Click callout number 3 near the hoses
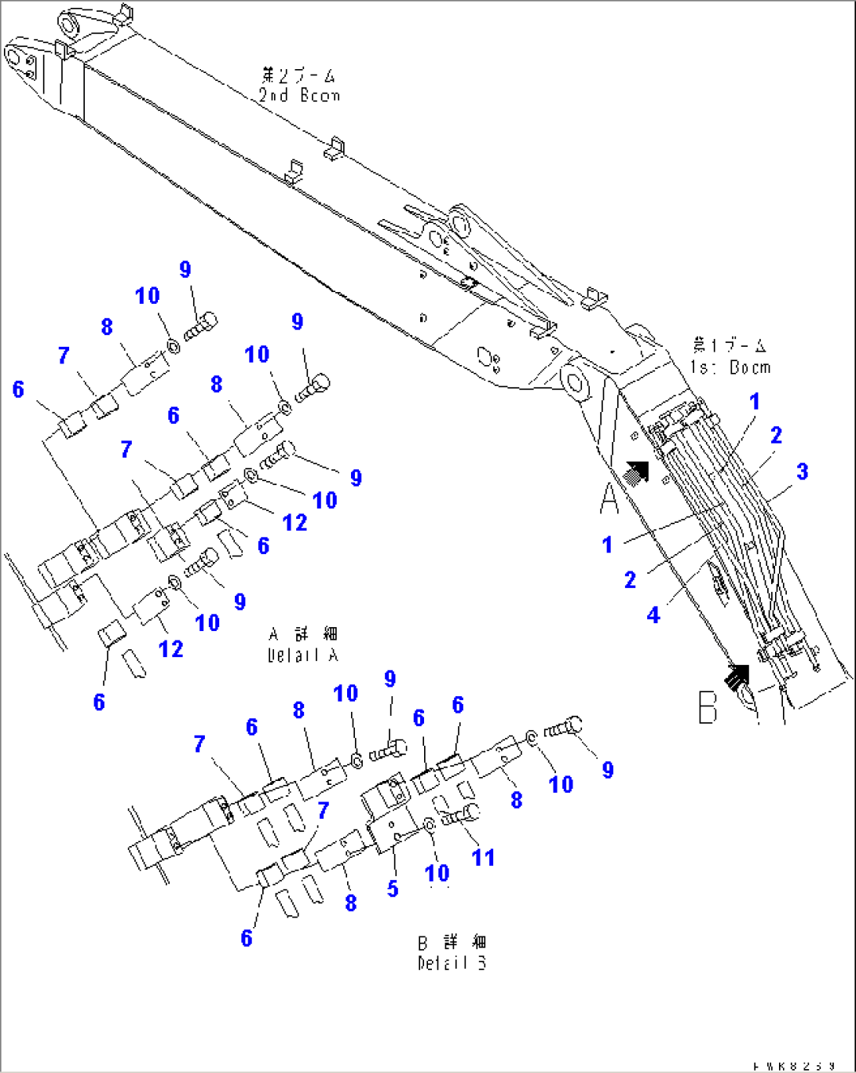point(802,472)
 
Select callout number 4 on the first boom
point(653,615)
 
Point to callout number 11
point(483,857)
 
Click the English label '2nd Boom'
point(299,96)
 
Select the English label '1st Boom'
point(730,367)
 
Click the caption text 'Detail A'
point(303,655)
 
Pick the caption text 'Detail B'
point(452,962)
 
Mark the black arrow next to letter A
point(635,471)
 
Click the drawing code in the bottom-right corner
point(792,1066)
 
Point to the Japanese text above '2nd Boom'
point(298,75)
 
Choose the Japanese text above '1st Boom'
point(730,345)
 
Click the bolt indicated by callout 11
point(460,816)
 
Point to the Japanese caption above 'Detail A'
point(303,633)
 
